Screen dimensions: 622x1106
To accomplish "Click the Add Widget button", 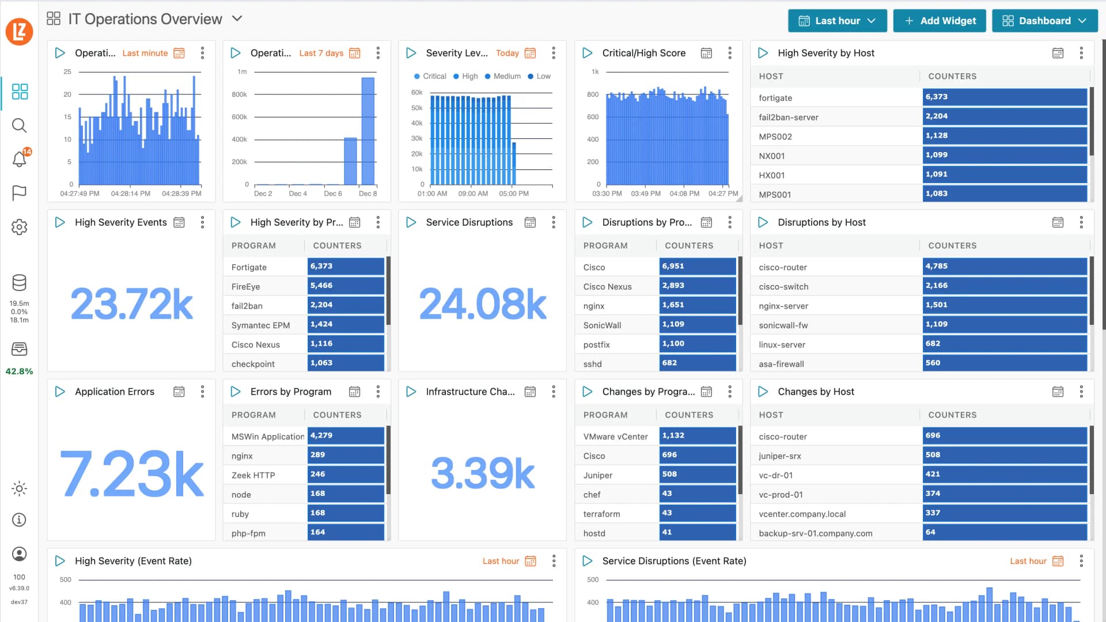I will pyautogui.click(x=940, y=21).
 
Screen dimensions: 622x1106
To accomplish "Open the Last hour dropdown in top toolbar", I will pyautogui.click(x=837, y=21).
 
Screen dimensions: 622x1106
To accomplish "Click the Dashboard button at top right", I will pyautogui.click(x=1044, y=21).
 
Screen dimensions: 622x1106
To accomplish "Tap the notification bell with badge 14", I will pyautogui.click(x=20, y=158).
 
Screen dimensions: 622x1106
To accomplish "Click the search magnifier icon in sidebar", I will pyautogui.click(x=20, y=125).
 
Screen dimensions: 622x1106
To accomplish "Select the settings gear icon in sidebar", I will pyautogui.click(x=20, y=227).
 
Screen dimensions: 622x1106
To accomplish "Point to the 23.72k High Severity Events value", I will pyautogui.click(x=131, y=304).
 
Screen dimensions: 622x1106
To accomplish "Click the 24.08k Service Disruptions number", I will pyautogui.click(x=482, y=304).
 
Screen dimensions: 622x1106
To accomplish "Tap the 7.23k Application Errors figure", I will pyautogui.click(x=131, y=473).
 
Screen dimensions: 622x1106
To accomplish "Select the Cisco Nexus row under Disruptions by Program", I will pyautogui.click(x=607, y=286).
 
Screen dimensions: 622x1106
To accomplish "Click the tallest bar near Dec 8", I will pyautogui.click(x=368, y=131).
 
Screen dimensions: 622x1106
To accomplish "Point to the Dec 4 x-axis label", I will pyautogui.click(x=298, y=194).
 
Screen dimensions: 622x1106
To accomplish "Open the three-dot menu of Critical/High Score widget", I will pyautogui.click(x=730, y=53).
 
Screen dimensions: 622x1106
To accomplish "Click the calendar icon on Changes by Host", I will pyautogui.click(x=1058, y=392).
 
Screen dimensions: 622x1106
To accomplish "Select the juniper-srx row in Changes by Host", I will pyautogui.click(x=780, y=456).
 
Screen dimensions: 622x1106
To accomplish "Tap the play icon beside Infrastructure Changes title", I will pyautogui.click(x=411, y=392).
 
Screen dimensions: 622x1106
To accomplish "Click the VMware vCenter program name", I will pyautogui.click(x=615, y=437).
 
